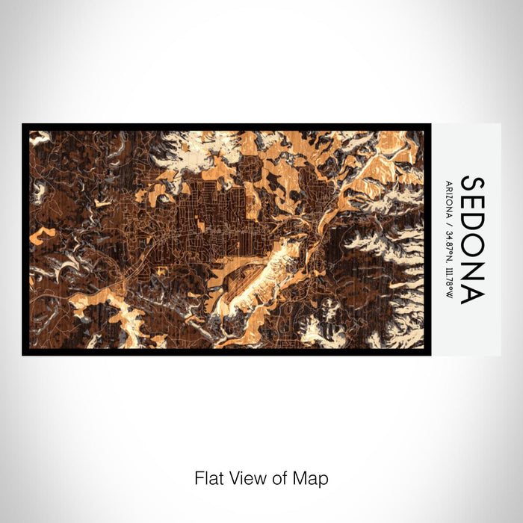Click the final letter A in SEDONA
pyautogui.click(x=471, y=295)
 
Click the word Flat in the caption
pyautogui.click(x=208, y=477)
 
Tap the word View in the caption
pyautogui.click(x=244, y=477)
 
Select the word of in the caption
pyautogui.click(x=275, y=477)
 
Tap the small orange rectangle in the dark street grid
pyautogui.click(x=203, y=222)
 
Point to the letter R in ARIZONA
pyautogui.click(x=448, y=186)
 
